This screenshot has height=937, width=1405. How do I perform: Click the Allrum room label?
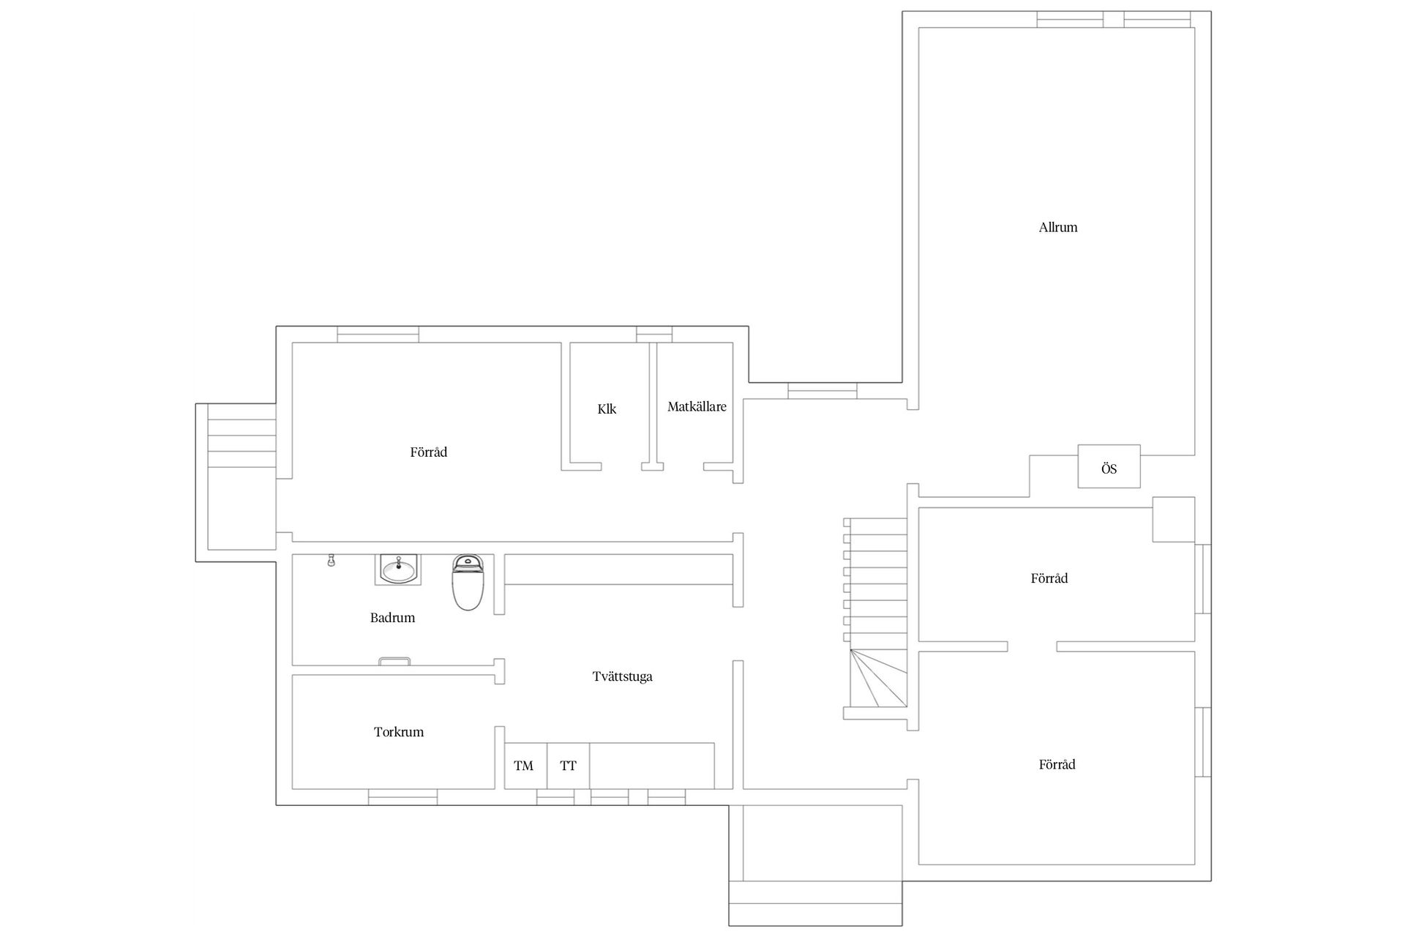[1058, 228]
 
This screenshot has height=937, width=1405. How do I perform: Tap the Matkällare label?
[697, 407]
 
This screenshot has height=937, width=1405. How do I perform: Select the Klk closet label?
[607, 409]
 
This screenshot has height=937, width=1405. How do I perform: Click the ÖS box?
[1109, 466]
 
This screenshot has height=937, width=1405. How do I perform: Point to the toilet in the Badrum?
[468, 582]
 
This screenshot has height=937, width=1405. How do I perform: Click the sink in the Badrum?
[398, 570]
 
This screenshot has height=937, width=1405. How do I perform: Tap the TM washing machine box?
[525, 766]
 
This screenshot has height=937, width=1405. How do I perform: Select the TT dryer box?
[569, 766]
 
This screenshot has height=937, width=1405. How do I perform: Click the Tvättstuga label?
[622, 676]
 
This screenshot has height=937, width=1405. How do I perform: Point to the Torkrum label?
[399, 732]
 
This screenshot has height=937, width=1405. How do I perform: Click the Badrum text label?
[392, 618]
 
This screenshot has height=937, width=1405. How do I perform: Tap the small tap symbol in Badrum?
[331, 561]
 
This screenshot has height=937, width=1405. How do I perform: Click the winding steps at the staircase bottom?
[878, 679]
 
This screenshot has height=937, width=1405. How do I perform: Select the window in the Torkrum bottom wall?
[402, 797]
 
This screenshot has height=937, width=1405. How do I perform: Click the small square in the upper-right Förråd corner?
[1174, 520]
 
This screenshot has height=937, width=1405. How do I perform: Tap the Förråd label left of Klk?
[428, 452]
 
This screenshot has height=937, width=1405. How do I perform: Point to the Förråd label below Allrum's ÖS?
[1049, 578]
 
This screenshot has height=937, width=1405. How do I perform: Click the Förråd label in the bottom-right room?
[1057, 765]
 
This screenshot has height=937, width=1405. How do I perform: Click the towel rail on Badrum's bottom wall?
[394, 661]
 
